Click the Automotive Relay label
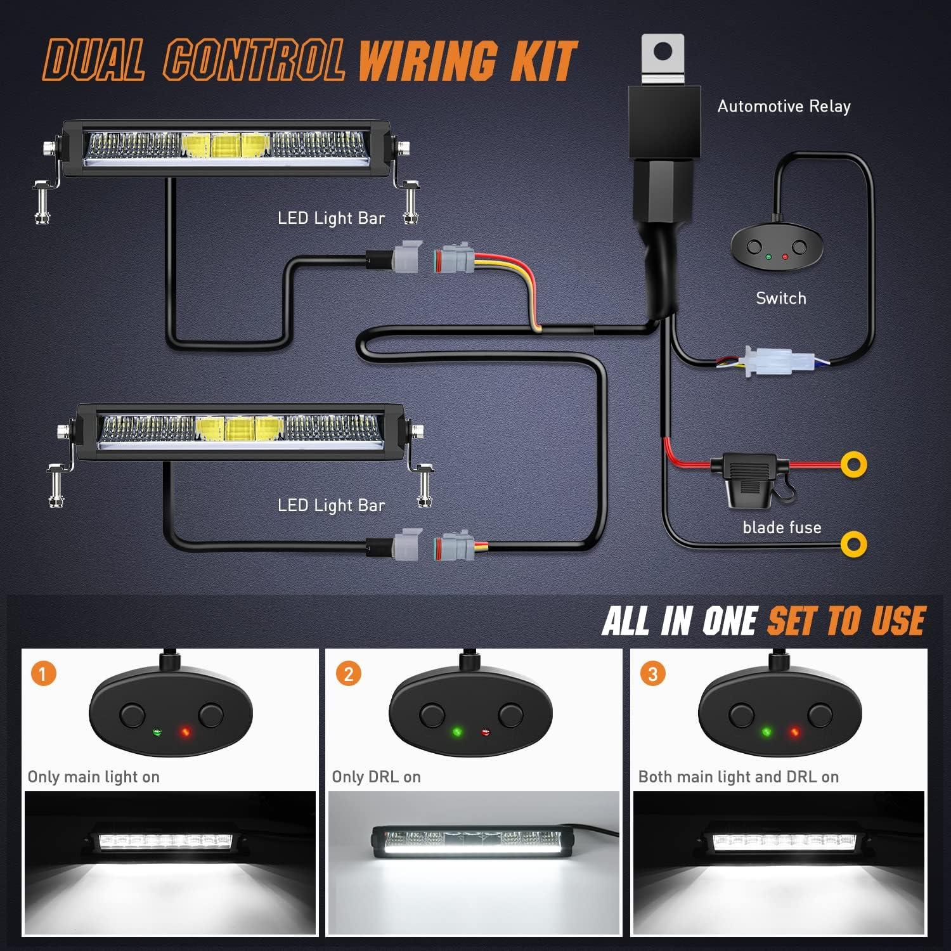point(784,107)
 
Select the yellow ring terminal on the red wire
point(854,465)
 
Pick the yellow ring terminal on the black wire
point(853,544)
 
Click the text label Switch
point(781,298)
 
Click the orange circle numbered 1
point(43,673)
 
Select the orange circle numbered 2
point(348,673)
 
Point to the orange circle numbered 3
point(653,673)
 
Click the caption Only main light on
point(93,777)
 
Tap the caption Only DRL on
point(376,777)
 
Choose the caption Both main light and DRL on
point(738,777)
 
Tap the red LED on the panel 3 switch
point(793,733)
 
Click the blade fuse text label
point(782,527)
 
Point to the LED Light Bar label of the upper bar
point(331,219)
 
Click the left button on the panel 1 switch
point(132,716)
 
